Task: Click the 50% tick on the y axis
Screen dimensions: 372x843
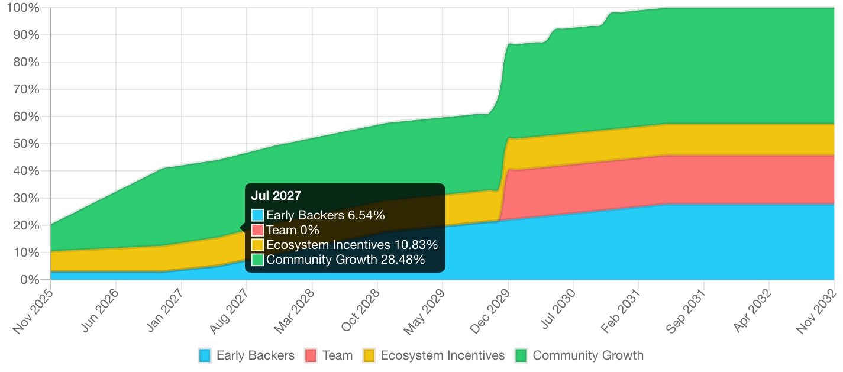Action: pos(25,144)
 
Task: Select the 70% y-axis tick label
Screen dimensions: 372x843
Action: pos(25,89)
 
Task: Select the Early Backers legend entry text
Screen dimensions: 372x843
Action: pos(255,355)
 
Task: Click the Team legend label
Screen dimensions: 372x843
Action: pos(337,355)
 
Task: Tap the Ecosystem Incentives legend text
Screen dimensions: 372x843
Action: pos(443,355)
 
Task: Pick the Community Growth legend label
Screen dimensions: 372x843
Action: pos(587,355)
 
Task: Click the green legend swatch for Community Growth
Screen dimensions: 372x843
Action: pos(521,355)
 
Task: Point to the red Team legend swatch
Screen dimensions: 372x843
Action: pos(311,355)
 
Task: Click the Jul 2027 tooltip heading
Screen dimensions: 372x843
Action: pos(276,196)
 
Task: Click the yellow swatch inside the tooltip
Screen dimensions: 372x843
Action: pos(257,245)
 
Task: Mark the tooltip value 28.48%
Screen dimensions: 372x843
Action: pos(405,260)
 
